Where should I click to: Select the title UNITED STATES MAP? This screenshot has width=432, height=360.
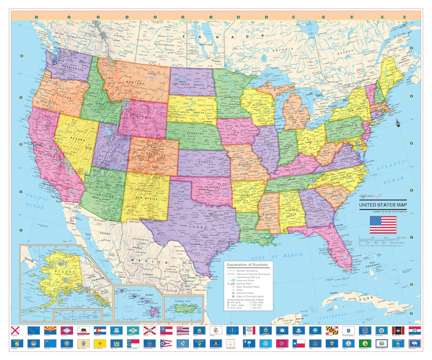(x=382, y=205)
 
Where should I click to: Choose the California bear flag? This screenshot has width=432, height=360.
(x=84, y=330)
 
